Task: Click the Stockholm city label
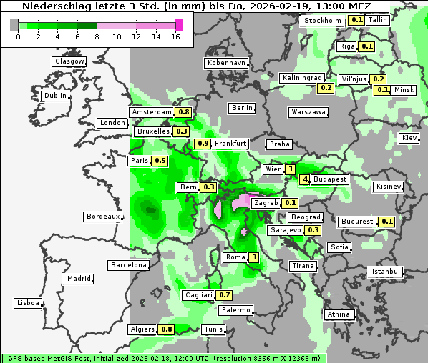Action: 322,20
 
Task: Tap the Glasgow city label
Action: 69,61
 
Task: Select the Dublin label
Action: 55,96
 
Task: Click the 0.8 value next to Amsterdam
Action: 184,112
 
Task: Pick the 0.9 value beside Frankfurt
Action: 203,144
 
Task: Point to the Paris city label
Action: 139,161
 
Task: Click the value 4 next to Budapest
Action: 305,179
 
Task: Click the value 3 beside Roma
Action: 253,257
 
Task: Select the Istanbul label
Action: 386,272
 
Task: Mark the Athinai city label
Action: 339,314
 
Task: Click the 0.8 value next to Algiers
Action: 167,329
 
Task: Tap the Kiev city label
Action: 409,137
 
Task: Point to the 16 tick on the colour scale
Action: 176,37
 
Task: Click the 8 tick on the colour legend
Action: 97,37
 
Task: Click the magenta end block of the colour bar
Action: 179,25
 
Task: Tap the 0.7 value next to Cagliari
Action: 225,295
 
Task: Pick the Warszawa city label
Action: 308,112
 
